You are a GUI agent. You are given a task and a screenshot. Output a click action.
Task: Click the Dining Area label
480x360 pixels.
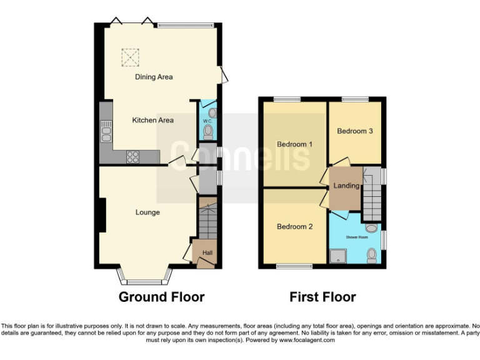click(x=154, y=77)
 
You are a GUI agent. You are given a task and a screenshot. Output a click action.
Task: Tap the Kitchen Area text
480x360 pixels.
click(x=152, y=120)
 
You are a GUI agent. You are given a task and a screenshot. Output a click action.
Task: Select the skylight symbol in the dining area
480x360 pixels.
click(x=130, y=57)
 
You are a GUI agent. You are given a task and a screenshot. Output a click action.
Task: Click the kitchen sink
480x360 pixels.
click(x=106, y=134)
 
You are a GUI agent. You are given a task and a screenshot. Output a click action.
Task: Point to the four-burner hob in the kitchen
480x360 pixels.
click(x=133, y=157)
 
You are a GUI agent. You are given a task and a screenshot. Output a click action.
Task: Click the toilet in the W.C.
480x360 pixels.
click(x=208, y=132)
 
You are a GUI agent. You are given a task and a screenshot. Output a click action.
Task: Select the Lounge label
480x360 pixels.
click(x=147, y=212)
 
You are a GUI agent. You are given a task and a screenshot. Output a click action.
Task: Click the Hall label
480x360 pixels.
click(x=206, y=252)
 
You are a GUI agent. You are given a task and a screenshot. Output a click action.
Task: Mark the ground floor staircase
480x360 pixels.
click(x=206, y=219)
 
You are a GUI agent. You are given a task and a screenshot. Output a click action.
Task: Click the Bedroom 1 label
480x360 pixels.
click(x=294, y=144)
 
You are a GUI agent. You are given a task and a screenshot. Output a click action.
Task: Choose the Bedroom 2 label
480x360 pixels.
click(x=294, y=227)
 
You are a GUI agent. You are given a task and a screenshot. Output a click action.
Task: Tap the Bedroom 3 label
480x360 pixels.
click(x=355, y=131)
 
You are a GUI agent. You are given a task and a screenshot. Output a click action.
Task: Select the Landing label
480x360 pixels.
click(x=346, y=186)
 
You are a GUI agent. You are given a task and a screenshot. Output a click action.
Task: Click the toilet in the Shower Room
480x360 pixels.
click(x=372, y=254)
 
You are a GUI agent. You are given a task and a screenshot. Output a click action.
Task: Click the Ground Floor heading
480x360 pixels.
click(x=161, y=297)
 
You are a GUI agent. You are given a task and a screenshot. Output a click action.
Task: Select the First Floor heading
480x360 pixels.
click(x=322, y=297)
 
